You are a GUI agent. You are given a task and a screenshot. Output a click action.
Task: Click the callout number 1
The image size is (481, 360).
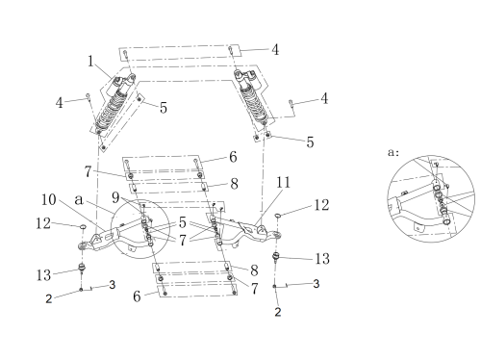click(x=90, y=61)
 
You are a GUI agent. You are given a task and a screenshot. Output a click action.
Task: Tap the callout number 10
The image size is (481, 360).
click(x=49, y=199)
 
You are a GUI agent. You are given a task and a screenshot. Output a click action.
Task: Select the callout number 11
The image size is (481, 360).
click(x=283, y=182)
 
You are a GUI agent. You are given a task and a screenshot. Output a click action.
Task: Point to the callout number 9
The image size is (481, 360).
click(x=115, y=197)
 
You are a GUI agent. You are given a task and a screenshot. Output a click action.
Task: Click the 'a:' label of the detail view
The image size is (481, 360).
click(x=393, y=152)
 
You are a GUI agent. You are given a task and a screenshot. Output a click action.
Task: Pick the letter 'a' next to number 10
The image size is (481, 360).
click(x=79, y=200)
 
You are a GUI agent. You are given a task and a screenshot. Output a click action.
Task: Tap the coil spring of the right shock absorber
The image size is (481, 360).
click(x=253, y=103)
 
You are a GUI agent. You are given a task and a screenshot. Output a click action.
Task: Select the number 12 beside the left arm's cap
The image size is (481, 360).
click(x=43, y=223)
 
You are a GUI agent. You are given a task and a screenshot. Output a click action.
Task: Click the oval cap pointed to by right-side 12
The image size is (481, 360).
click(x=278, y=216)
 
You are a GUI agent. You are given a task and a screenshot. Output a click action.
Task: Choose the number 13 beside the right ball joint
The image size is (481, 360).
click(x=322, y=259)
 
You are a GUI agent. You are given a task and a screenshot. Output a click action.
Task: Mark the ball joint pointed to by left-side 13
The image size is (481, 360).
click(x=83, y=267)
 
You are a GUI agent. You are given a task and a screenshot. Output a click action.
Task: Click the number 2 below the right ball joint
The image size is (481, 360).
click(x=278, y=312)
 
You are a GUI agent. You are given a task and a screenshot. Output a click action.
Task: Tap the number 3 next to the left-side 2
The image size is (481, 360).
click(x=113, y=284)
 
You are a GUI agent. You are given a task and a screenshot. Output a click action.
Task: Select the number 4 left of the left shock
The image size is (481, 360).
click(x=60, y=103)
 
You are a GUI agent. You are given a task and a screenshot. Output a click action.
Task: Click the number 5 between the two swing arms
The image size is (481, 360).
click(x=183, y=222)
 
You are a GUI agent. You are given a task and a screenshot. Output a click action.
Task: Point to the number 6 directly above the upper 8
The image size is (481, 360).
click(x=233, y=157)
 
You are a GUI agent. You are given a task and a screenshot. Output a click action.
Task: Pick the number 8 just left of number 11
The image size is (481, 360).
click(x=235, y=184)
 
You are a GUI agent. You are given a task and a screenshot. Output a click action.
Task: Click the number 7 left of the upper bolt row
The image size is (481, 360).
click(x=88, y=171)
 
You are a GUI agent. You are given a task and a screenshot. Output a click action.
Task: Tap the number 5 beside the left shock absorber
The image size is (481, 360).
click(x=164, y=108)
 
